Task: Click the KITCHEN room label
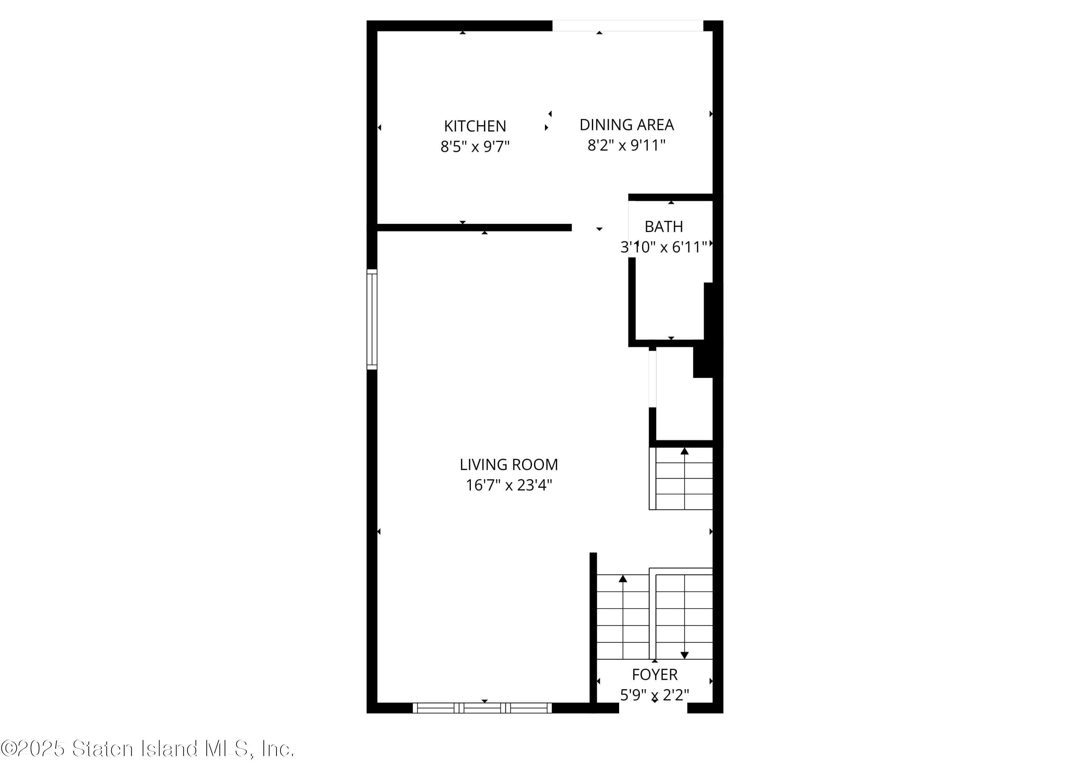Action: click(x=475, y=126)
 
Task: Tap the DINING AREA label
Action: click(x=626, y=125)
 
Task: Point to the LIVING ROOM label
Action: click(x=508, y=464)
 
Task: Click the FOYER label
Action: click(x=655, y=674)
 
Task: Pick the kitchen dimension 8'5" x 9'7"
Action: click(x=475, y=146)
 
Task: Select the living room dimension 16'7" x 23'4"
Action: click(x=508, y=485)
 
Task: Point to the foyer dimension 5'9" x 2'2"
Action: click(x=655, y=695)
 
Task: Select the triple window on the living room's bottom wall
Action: click(x=482, y=708)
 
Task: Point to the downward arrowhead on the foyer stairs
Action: click(x=685, y=655)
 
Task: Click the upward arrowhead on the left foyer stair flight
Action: click(x=623, y=579)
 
